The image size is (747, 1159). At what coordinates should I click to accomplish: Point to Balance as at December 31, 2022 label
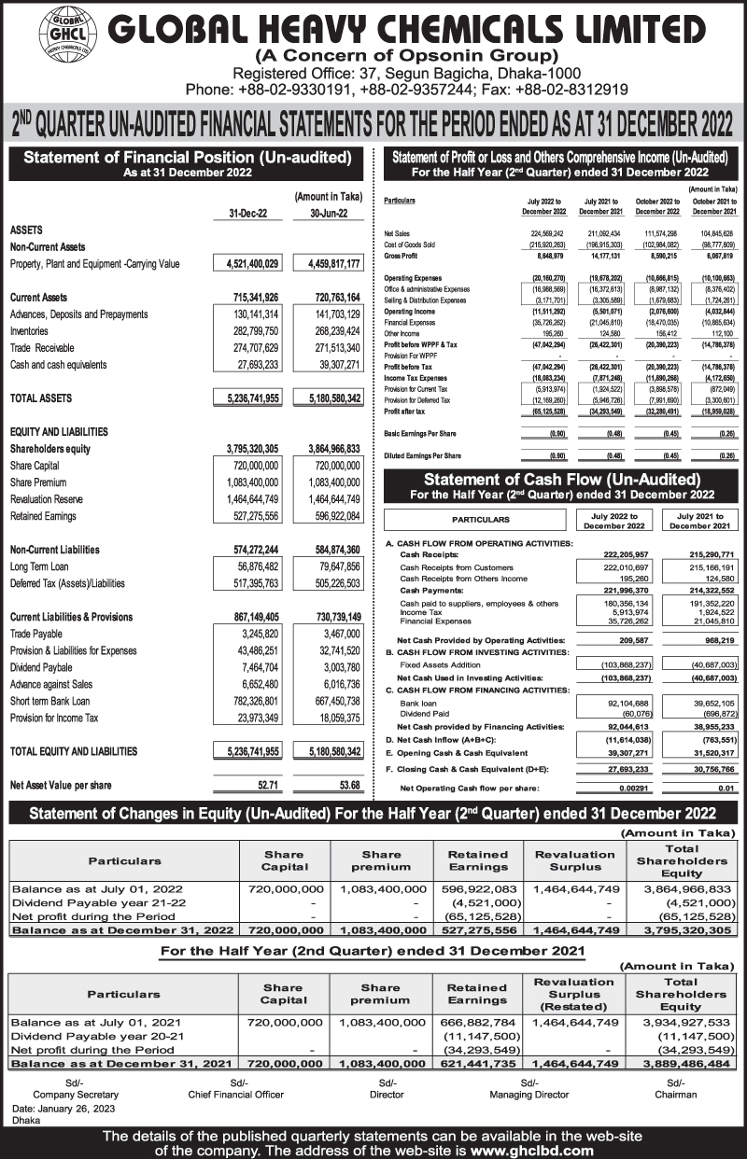(x=121, y=929)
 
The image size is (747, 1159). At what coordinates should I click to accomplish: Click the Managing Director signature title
(x=529, y=1094)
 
